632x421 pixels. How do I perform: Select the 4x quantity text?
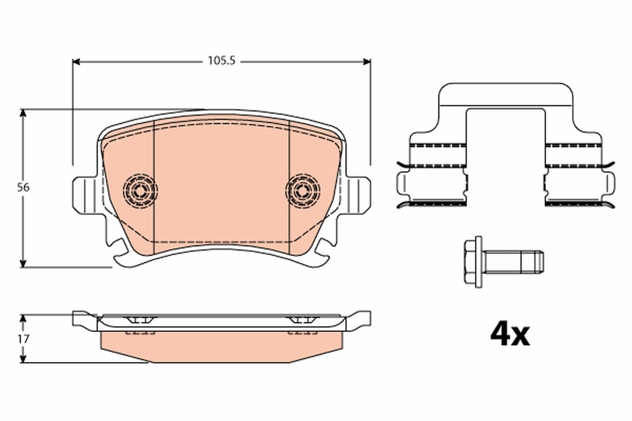(x=509, y=333)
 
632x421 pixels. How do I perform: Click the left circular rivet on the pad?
(x=140, y=190)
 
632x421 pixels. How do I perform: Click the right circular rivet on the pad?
(x=303, y=190)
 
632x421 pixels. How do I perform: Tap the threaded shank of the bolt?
(x=513, y=262)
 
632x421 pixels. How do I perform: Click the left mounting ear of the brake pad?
(x=83, y=195)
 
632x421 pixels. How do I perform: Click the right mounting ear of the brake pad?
(x=359, y=195)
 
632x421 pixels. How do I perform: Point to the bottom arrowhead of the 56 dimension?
(x=23, y=263)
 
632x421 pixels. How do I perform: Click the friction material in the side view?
(x=221, y=347)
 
